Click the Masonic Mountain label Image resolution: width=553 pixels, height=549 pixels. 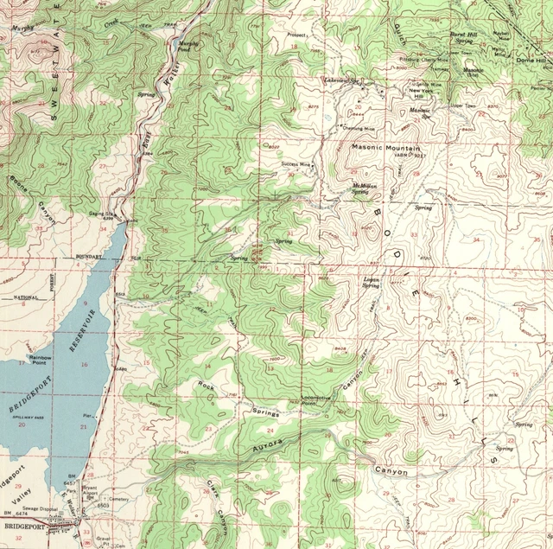point(385,148)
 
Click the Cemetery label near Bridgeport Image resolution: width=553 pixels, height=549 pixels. point(118,498)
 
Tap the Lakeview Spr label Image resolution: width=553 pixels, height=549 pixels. point(343,82)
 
